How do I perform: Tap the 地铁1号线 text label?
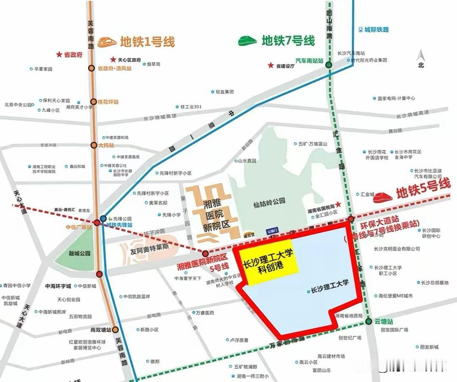147,42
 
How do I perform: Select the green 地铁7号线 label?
288,41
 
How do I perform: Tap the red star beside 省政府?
59,55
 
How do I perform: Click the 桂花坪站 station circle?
94,102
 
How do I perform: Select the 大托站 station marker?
94,145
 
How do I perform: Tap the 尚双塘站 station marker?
115,329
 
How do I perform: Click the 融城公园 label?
80,254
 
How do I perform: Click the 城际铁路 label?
376,30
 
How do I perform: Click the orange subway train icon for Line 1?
108,42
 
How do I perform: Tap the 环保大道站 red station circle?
351,219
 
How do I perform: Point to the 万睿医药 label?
205,313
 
